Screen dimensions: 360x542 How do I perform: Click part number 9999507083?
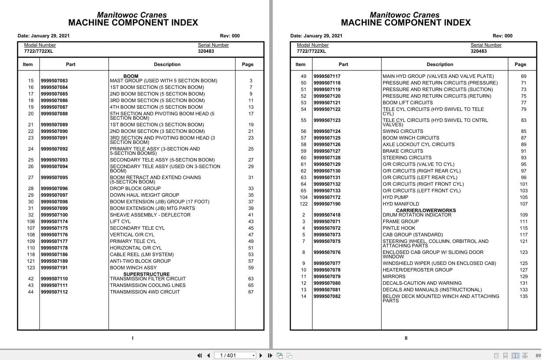[54, 81]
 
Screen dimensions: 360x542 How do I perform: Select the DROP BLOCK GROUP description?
[135, 188]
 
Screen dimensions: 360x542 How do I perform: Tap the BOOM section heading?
[131, 76]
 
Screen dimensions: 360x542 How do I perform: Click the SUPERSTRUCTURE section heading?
[140, 274]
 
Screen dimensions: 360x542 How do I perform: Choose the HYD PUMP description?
[395, 197]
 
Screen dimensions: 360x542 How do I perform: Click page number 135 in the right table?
[524, 296]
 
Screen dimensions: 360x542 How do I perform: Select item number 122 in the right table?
[304, 204]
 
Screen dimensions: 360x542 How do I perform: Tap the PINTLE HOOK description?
[399, 228]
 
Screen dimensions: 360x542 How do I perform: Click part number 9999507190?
[327, 204]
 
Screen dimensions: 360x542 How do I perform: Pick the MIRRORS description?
[394, 276]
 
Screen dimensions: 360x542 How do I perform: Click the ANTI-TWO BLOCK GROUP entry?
[140, 261]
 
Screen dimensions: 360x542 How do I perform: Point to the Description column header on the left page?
[167, 64]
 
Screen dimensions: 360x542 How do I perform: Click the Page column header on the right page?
[520, 64]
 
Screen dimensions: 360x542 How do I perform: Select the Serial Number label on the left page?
[213, 45]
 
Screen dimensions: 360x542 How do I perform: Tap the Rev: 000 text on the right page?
[502, 36]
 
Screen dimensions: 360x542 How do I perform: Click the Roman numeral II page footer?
[406, 338]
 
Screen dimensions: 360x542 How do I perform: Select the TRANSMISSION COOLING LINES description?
[147, 285]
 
